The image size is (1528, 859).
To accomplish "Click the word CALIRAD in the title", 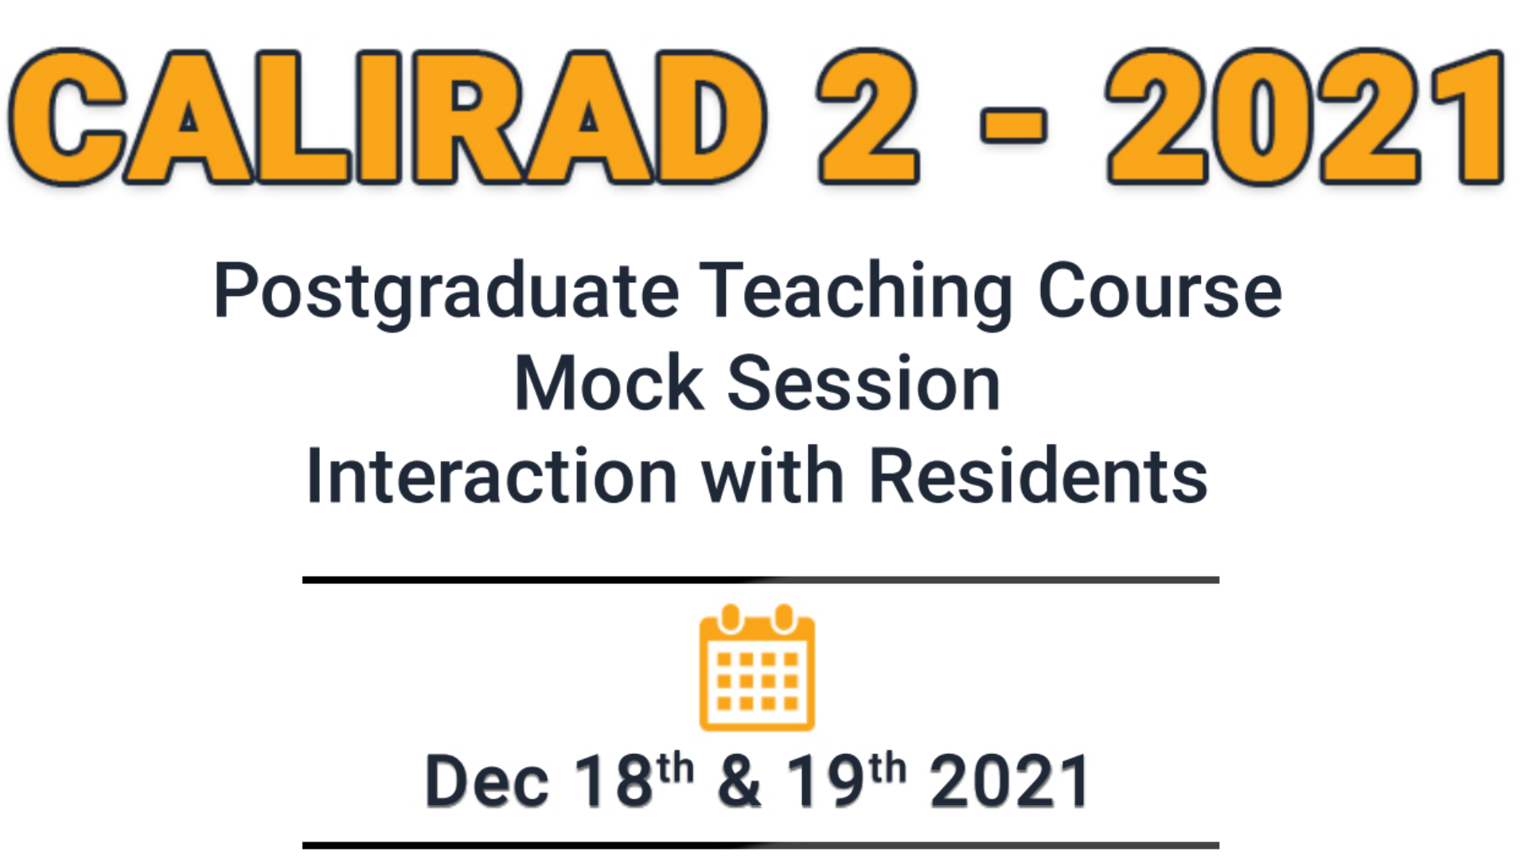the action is (388, 117).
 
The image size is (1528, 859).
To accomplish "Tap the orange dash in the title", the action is (1013, 126).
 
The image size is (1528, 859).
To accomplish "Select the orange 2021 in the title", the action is (1305, 117).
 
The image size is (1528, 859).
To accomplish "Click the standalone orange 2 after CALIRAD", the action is (869, 117).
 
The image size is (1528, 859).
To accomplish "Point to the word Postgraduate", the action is (446, 293).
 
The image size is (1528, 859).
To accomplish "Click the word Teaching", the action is (856, 293).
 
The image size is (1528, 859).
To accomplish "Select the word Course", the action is (1160, 291).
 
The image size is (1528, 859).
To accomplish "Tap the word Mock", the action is (610, 383).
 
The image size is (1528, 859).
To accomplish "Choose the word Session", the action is (864, 383).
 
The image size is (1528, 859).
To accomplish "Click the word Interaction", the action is (492, 476).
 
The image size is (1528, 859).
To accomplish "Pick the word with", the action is (773, 476).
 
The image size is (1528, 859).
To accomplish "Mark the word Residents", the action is (1039, 476).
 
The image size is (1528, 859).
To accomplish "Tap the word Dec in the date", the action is (487, 781).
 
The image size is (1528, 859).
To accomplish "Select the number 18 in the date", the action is (614, 781).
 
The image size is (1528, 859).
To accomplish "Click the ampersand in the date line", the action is (739, 781).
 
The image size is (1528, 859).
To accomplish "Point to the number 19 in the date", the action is (825, 781).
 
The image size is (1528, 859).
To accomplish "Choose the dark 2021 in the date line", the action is (1011, 781).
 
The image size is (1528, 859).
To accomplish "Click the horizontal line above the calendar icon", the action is (761, 580).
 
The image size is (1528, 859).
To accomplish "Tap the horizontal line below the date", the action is (761, 845).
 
